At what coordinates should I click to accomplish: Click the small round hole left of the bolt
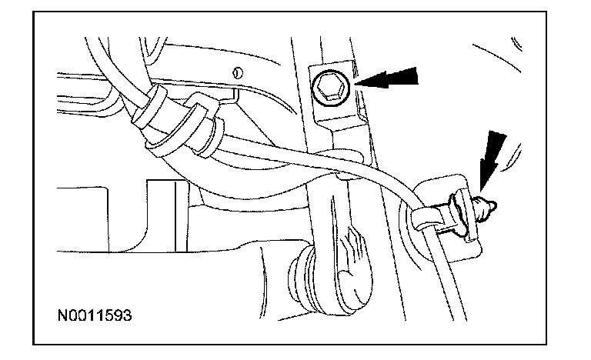coord(239,74)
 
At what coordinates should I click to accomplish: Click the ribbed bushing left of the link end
coord(294,273)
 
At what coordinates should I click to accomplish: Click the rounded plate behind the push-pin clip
coord(454,231)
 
